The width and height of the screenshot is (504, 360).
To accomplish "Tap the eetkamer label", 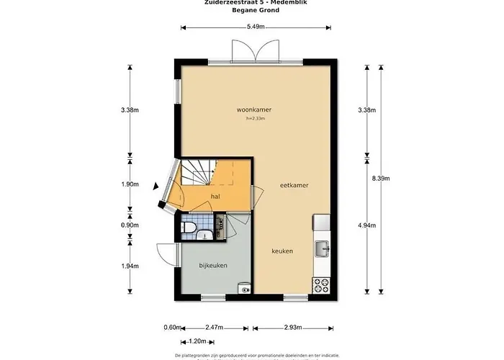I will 294,185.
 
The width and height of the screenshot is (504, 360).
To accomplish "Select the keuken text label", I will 282,251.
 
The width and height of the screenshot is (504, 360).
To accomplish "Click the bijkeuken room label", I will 213,266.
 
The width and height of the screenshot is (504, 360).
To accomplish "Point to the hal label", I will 215,196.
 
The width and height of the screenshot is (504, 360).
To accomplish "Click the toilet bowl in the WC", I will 188,228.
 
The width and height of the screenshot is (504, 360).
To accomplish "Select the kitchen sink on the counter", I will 321,248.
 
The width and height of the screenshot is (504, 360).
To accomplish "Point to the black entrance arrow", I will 156,186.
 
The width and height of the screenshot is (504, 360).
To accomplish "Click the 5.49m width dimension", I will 256,27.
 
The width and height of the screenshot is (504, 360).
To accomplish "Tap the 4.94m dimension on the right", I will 367,225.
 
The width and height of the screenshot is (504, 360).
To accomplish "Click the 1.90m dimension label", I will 130,184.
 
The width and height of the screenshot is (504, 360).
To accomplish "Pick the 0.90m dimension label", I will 130,225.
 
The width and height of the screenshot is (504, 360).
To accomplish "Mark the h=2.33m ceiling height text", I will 256,118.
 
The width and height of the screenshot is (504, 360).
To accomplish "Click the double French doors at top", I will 256,52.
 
